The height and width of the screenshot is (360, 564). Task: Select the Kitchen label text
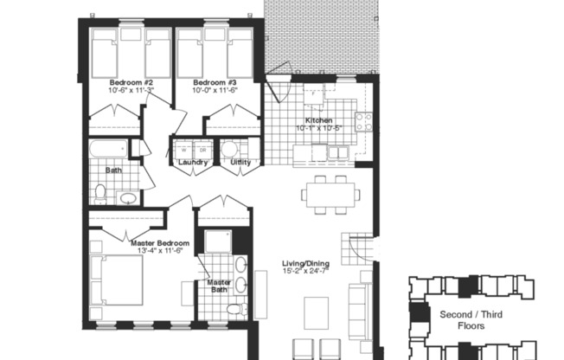click(x=317, y=120)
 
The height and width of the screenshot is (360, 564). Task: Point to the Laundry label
click(x=192, y=162)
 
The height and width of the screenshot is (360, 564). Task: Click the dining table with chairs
click(x=331, y=194)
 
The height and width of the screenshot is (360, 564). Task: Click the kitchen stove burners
click(x=364, y=122)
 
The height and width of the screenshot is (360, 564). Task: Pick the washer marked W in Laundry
click(x=183, y=149)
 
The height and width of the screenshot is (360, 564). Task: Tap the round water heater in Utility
click(x=229, y=149)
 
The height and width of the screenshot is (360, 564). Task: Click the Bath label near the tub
click(x=113, y=170)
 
